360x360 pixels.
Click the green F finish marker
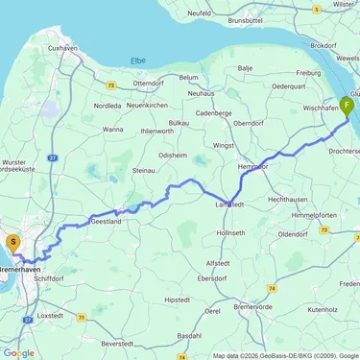346,106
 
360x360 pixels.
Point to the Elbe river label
138,60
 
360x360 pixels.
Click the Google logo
18,352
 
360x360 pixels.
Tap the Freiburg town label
306,71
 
